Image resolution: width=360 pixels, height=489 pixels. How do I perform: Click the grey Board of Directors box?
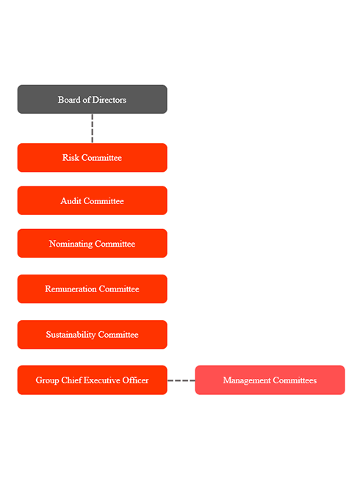click(92, 99)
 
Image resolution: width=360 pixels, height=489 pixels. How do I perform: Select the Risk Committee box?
click(92, 158)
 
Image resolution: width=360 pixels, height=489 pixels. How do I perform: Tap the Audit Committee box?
click(92, 200)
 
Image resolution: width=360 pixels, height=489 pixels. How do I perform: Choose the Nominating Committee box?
click(92, 244)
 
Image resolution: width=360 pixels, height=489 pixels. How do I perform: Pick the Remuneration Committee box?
click(92, 289)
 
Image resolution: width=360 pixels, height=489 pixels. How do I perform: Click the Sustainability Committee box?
click(92, 335)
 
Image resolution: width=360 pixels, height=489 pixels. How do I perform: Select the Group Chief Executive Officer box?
click(92, 380)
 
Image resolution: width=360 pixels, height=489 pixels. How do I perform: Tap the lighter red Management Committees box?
click(270, 380)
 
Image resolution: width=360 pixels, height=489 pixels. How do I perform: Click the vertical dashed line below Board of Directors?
click(92, 128)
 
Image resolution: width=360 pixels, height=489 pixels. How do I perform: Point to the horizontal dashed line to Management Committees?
click(181, 380)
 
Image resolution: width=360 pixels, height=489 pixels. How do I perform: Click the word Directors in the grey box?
click(109, 100)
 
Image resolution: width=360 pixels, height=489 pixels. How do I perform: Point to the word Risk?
click(71, 158)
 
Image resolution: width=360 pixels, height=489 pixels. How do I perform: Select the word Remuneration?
click(71, 289)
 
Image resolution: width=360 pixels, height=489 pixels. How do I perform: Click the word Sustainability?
click(71, 335)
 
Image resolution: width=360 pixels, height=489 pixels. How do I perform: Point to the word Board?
click(69, 100)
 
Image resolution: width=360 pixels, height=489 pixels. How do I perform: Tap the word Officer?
click(136, 380)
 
